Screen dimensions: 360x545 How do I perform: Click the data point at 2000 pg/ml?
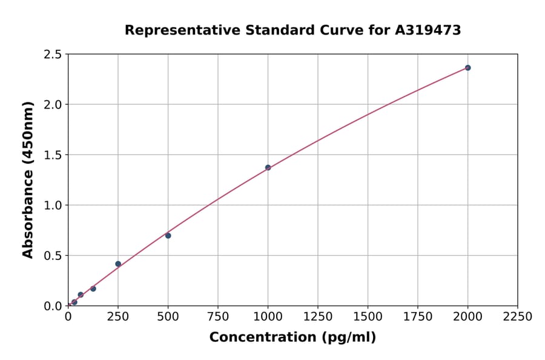(467, 68)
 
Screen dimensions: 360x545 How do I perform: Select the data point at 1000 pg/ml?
(268, 168)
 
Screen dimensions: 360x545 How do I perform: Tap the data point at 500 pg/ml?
(168, 236)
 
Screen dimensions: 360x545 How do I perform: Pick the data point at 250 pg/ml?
(118, 264)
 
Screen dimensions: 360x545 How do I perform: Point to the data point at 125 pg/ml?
(93, 288)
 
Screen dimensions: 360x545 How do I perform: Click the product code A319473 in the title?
(428, 30)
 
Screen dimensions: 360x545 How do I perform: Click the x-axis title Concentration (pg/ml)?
(292, 338)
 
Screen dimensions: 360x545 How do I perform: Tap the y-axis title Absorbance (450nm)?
(28, 179)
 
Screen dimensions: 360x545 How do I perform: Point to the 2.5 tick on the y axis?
(53, 55)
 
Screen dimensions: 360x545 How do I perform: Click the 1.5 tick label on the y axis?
(53, 155)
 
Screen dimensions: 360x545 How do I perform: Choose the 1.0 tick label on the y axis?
(53, 205)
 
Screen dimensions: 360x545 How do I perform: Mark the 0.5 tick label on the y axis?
(53, 256)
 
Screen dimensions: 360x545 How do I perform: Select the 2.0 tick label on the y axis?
(53, 105)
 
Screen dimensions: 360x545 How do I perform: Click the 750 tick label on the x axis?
(218, 317)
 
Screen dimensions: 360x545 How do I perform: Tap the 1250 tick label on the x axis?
(318, 317)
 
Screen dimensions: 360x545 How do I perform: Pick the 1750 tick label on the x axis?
(418, 317)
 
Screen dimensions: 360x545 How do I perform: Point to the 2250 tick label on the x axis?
(518, 317)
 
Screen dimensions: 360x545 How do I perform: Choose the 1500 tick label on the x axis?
(368, 317)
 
